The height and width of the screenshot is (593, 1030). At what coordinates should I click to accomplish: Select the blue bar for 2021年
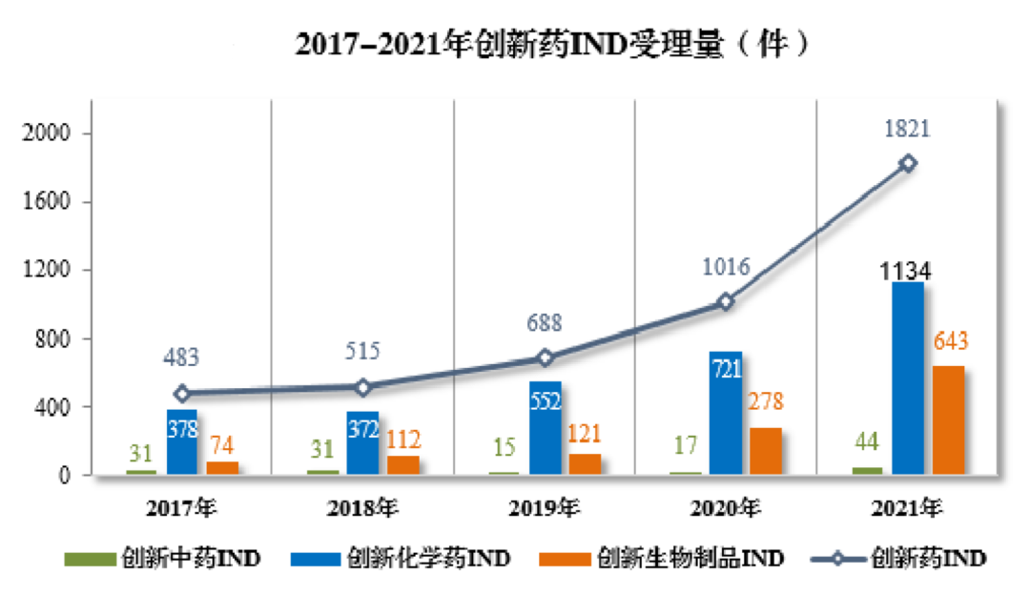pyautogui.click(x=907, y=378)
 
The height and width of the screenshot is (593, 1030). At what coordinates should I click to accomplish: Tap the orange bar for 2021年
pyautogui.click(x=948, y=419)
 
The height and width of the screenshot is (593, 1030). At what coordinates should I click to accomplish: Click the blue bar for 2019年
pyautogui.click(x=546, y=427)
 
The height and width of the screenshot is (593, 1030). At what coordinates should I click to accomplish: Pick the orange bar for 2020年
pyautogui.click(x=766, y=451)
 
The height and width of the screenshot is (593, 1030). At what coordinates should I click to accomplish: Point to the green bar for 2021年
pyautogui.click(x=867, y=470)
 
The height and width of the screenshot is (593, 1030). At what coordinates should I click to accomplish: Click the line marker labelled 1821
pyautogui.click(x=908, y=163)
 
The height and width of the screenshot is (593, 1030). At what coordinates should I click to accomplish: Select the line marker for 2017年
pyautogui.click(x=182, y=393)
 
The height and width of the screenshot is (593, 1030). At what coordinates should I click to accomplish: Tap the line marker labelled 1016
pyautogui.click(x=727, y=301)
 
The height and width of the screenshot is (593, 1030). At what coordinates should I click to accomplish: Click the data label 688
pyautogui.click(x=545, y=322)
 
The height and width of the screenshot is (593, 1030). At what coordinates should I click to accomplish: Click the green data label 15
pyautogui.click(x=505, y=444)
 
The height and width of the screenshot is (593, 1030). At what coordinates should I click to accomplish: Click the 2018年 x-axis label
pyautogui.click(x=362, y=508)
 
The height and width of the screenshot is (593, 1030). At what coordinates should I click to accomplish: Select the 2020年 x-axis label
pyautogui.click(x=725, y=508)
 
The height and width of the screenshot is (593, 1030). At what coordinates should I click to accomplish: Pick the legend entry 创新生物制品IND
pyautogui.click(x=661, y=558)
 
